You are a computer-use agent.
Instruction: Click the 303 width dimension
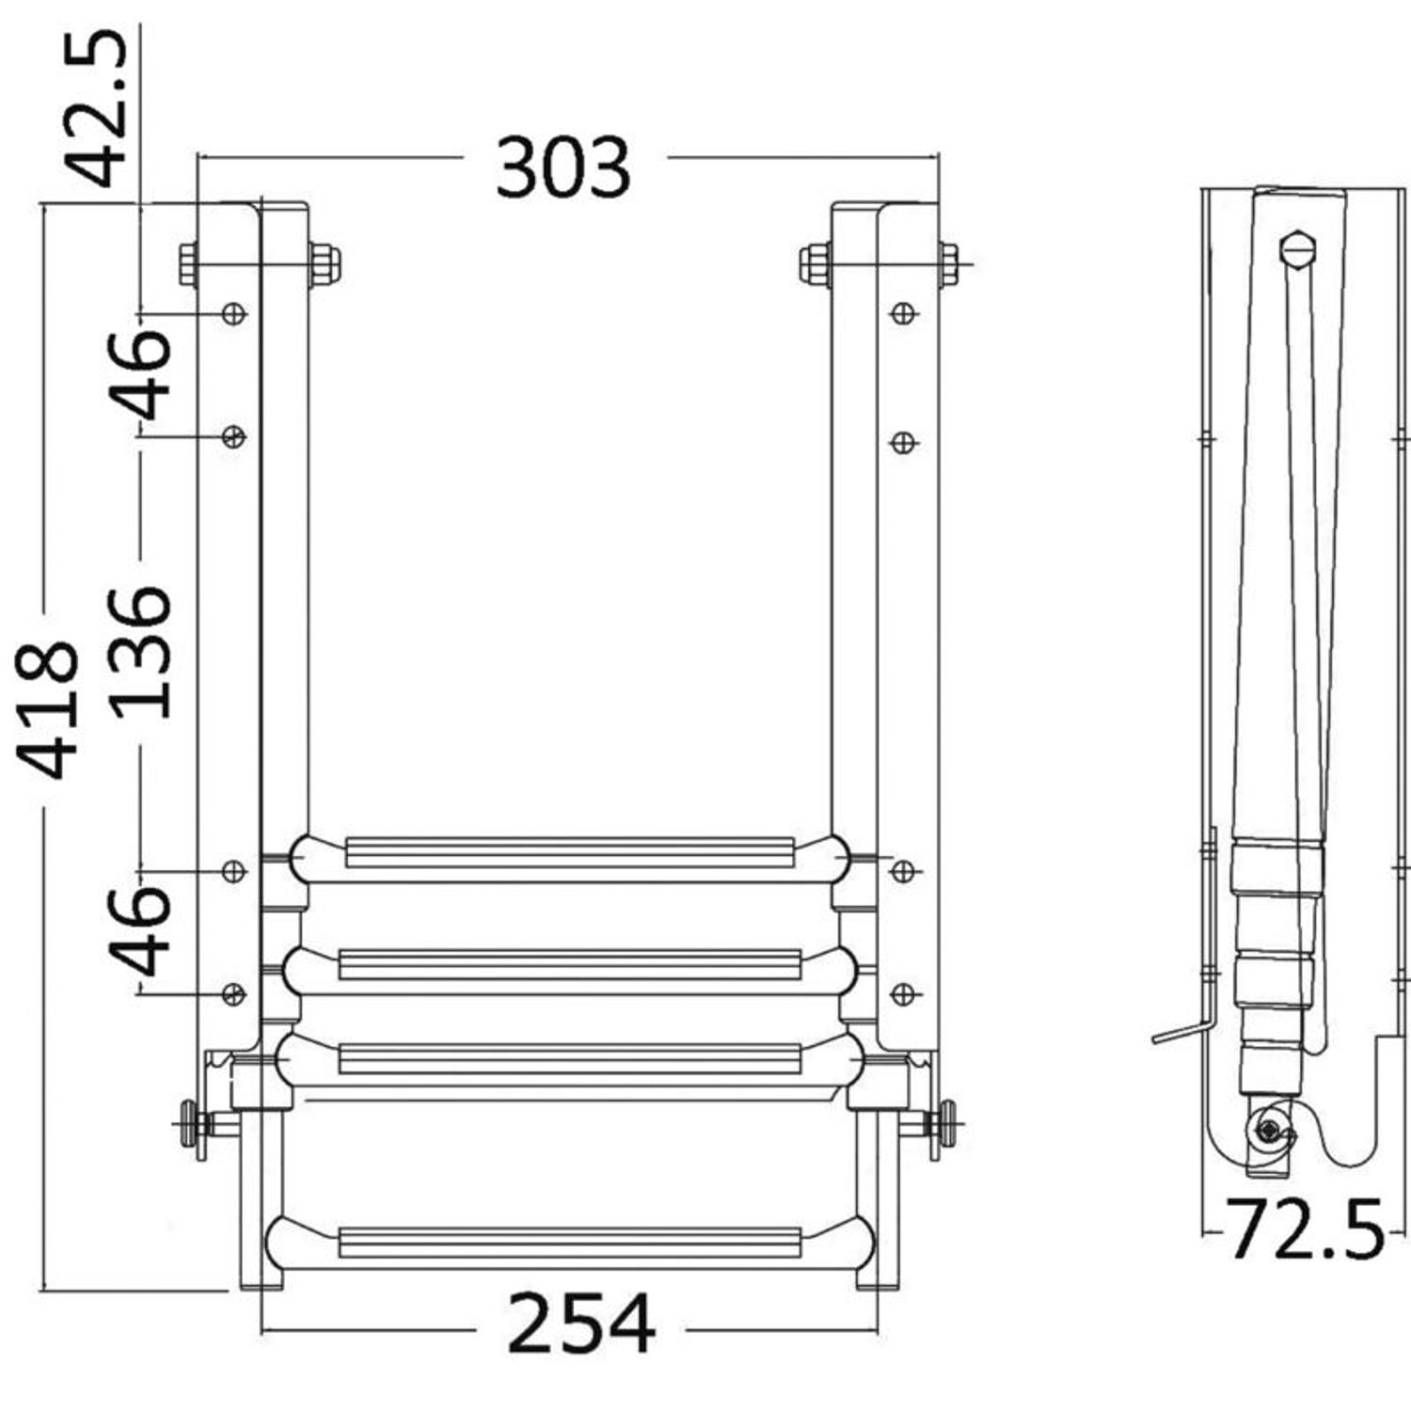[563, 167]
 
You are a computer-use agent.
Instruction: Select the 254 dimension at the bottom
[580, 1323]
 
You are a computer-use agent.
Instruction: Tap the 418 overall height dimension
[47, 710]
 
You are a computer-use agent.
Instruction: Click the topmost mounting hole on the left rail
[233, 313]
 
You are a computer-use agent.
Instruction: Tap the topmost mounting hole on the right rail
[904, 313]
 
